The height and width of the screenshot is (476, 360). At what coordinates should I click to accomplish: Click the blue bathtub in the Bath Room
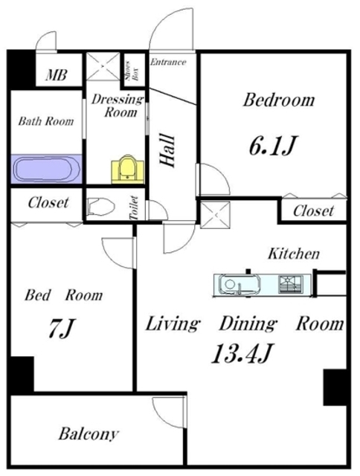pos(46,169)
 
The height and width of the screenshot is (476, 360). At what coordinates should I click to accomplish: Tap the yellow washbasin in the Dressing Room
pos(127,170)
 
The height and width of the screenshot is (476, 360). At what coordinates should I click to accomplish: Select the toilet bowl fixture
pos(100,207)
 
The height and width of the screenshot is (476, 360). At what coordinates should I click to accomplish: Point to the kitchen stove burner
pos(291,284)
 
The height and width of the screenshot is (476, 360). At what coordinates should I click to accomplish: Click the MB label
pos(57,74)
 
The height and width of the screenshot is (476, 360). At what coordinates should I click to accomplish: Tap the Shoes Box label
pos(132,71)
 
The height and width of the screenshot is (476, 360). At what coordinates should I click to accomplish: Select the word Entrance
pos(168,62)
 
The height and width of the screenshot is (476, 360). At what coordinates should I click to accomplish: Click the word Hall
pos(168,150)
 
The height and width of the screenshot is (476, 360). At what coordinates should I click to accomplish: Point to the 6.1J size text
pos(272,146)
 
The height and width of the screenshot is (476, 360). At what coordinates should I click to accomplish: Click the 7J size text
pos(61,328)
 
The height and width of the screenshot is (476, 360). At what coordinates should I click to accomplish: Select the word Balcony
pos(89,434)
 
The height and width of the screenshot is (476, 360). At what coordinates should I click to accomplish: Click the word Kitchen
pos(294,254)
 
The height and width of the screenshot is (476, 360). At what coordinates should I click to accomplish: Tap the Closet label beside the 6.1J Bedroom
pos(314,210)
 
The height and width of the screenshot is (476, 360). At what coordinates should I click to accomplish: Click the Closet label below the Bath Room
pos(48,202)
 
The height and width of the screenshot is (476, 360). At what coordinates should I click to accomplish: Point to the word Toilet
pos(134,208)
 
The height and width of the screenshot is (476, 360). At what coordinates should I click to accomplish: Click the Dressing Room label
pos(118,106)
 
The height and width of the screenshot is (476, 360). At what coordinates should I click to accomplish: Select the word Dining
pos(248,324)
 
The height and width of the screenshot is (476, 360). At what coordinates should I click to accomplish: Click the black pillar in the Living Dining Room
pos(335,387)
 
